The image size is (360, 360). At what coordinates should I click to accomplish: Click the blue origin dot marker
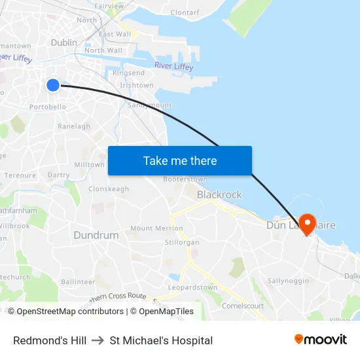click(x=53, y=84)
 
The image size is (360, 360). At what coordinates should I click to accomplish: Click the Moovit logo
click(x=321, y=340)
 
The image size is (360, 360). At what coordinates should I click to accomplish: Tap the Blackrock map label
click(x=219, y=194)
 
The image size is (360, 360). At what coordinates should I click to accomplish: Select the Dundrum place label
click(x=96, y=235)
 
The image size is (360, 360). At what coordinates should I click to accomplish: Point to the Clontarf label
click(x=185, y=12)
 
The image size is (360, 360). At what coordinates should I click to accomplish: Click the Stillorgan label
click(x=182, y=242)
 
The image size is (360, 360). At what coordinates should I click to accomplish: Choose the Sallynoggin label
click(x=288, y=281)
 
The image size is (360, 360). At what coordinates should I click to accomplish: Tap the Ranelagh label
click(x=74, y=126)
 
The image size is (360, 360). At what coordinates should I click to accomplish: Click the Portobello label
click(x=48, y=107)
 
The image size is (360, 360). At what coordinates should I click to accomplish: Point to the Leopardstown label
click(x=192, y=287)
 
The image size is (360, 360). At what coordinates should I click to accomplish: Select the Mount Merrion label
click(x=156, y=228)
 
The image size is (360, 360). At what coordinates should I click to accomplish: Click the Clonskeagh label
click(x=109, y=189)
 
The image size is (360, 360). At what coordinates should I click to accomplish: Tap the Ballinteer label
click(x=78, y=281)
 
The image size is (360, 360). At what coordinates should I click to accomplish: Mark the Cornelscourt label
click(x=243, y=305)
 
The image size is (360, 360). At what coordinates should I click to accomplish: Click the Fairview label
click(x=109, y=6)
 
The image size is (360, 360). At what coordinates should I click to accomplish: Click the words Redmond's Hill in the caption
click(x=50, y=340)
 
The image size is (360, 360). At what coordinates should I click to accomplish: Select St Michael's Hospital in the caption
click(x=161, y=340)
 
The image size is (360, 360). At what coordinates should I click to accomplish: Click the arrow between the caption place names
click(x=98, y=340)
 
